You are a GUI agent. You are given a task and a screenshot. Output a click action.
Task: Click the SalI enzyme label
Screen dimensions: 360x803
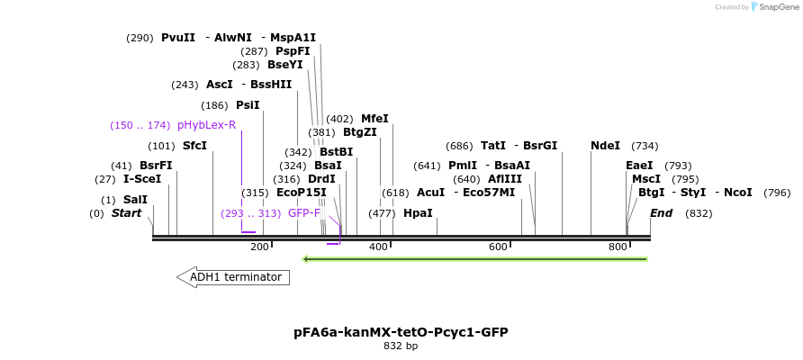[x=135, y=200]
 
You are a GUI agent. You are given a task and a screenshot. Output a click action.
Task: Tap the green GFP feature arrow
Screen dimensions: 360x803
[x=475, y=259]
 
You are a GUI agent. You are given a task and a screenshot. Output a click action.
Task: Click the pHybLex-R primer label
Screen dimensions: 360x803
[x=206, y=125]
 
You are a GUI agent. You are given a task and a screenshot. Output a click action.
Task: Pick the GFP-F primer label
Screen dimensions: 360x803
[x=304, y=213]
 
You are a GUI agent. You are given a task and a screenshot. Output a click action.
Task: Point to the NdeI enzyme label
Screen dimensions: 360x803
[x=605, y=146]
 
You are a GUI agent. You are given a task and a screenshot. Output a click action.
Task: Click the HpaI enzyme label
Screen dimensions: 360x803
[x=418, y=213]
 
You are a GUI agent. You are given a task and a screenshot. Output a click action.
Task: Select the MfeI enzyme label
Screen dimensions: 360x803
[x=374, y=119]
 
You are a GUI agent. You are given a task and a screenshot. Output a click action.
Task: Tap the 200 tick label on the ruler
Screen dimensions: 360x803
[x=259, y=247]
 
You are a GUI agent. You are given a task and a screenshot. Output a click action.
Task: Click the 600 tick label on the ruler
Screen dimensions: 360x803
[x=498, y=247]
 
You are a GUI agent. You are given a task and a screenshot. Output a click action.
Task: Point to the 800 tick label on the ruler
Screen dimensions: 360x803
[x=618, y=247]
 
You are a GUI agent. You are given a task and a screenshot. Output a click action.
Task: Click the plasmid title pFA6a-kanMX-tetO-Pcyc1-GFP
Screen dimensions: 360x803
[x=401, y=332]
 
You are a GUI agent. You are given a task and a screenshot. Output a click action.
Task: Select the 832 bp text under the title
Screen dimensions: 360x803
[x=401, y=346]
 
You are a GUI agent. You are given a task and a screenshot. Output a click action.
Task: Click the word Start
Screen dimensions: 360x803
[x=126, y=213]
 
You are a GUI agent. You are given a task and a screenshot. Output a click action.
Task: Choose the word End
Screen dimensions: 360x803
[x=662, y=213]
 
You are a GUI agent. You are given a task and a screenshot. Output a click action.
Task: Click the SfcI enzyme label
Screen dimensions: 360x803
[x=194, y=146]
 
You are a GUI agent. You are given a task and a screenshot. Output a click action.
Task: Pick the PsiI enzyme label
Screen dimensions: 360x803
[x=248, y=105]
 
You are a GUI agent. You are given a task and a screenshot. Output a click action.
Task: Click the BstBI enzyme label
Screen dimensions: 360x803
[x=336, y=152]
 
